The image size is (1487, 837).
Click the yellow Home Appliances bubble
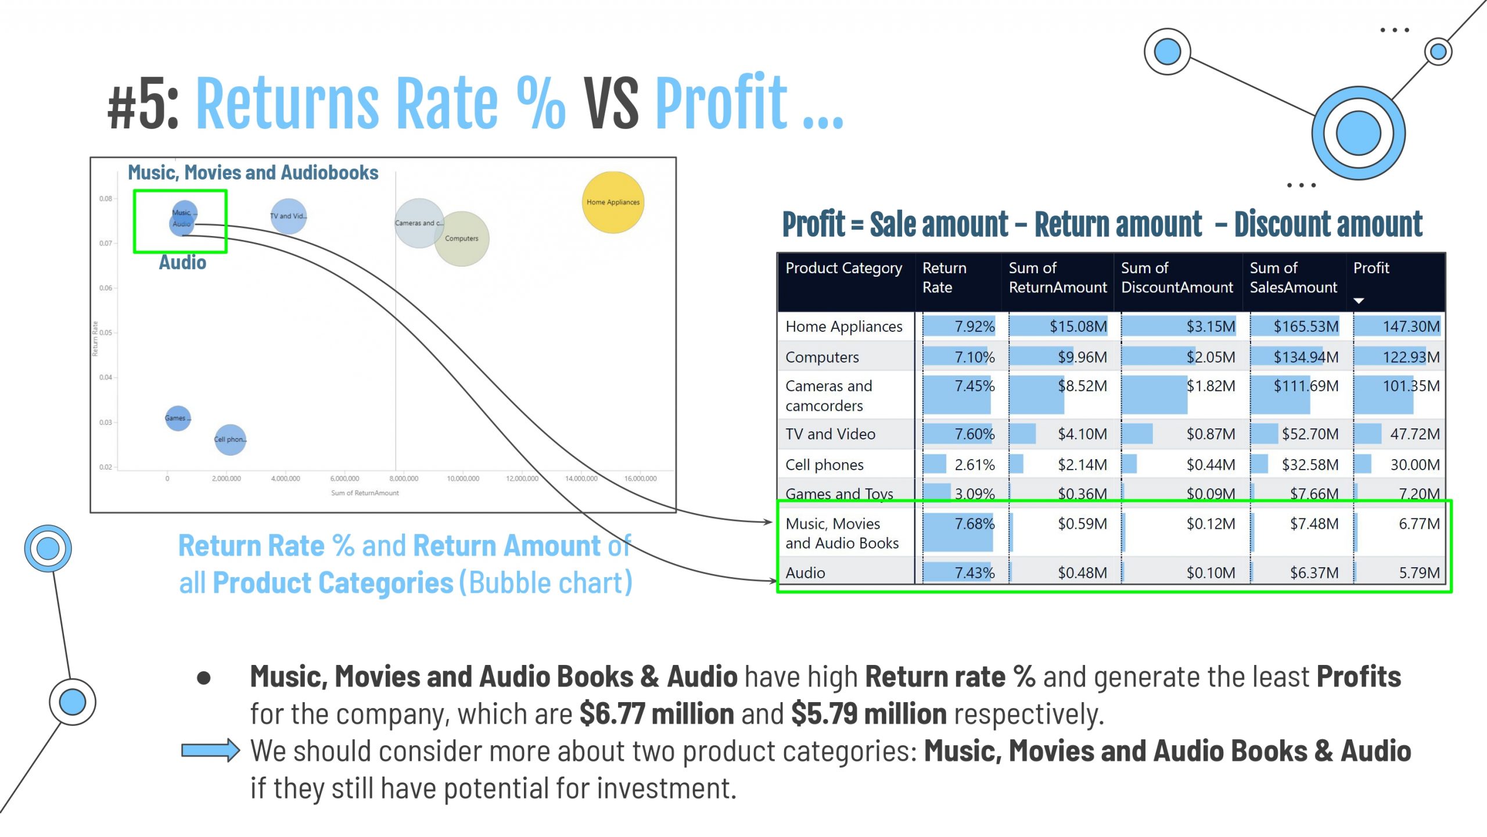613,202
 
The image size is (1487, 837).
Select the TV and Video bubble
288,216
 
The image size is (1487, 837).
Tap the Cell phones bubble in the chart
230,439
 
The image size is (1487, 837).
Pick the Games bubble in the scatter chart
178,418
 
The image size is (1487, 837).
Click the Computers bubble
462,239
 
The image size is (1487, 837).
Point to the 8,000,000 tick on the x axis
404,478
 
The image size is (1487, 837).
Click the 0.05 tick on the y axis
106,332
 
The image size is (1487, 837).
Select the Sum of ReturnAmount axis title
365,493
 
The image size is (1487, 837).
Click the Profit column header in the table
1371,268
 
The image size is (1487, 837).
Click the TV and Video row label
830,434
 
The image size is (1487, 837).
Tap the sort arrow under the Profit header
1359,301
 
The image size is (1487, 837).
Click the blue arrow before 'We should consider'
210,750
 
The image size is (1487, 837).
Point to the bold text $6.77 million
656,713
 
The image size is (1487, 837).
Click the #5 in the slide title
143,105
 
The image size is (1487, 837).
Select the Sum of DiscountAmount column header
1176,277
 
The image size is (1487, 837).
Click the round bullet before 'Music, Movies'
204,678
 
